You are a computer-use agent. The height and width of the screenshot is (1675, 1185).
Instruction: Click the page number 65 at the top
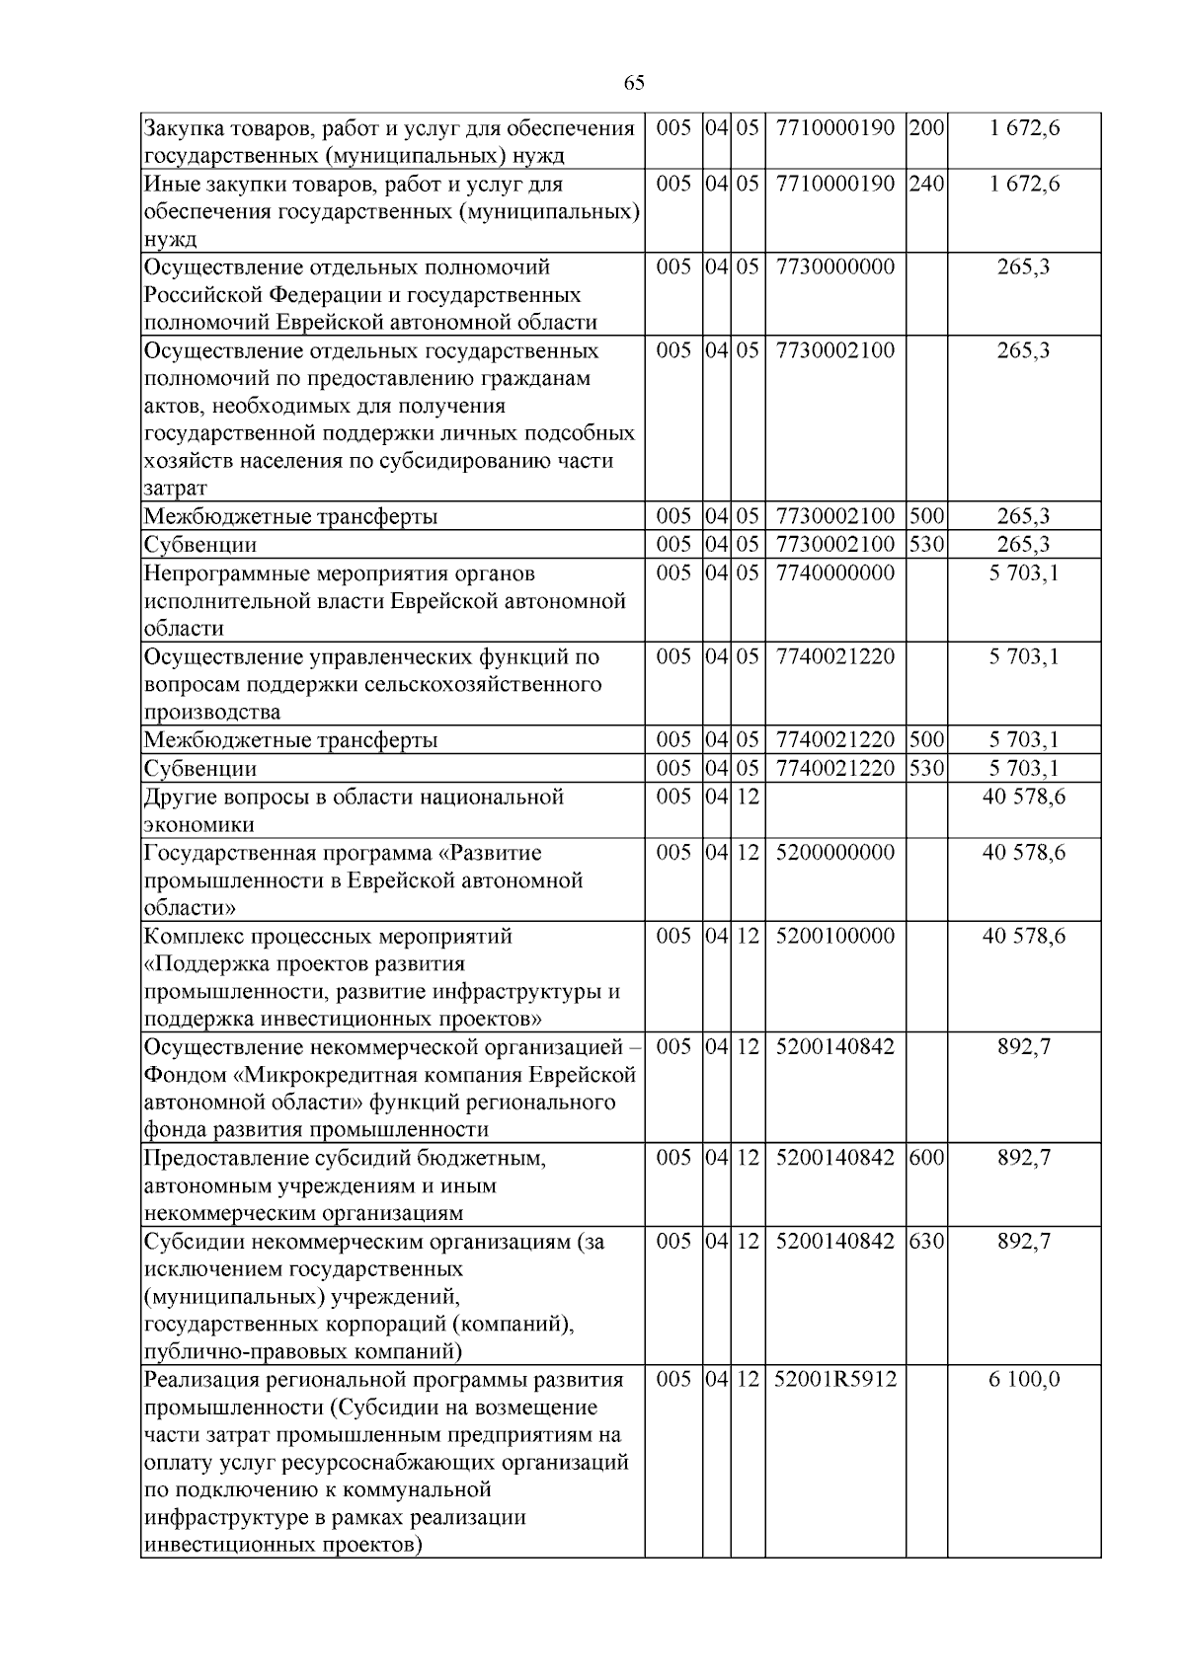tap(634, 83)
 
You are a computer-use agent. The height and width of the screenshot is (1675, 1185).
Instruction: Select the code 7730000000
tap(835, 267)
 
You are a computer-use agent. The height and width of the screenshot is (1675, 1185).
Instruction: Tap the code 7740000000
tap(835, 573)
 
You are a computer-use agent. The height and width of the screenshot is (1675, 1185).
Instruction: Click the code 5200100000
tap(835, 936)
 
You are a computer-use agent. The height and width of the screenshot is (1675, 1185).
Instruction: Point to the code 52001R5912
tap(835, 1379)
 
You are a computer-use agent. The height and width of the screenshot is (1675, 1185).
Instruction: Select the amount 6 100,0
tap(1024, 1379)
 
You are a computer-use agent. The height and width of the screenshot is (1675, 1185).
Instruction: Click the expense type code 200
tap(926, 128)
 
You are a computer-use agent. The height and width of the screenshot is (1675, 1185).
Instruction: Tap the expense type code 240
tap(926, 185)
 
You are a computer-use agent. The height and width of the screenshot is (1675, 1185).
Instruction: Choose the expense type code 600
tap(926, 1158)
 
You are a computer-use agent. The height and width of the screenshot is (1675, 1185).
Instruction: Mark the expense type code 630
tap(926, 1242)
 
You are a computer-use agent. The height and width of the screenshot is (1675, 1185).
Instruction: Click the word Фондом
tap(184, 1075)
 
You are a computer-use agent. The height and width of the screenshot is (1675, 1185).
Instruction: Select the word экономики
tap(199, 825)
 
